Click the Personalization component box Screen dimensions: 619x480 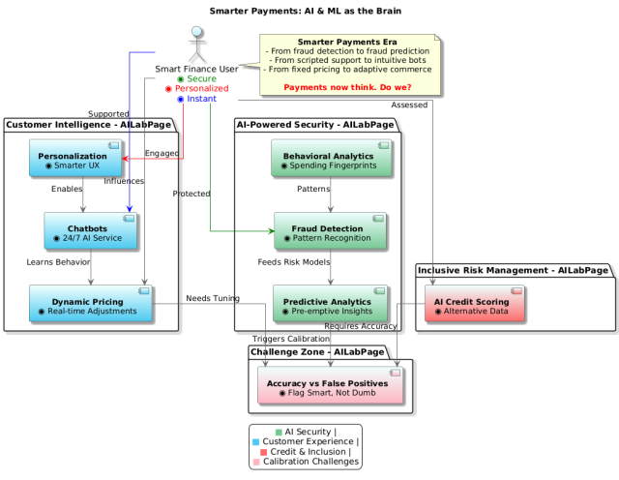pos(75,158)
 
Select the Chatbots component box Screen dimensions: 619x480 pos(90,230)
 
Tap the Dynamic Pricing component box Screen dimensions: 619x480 pos(90,304)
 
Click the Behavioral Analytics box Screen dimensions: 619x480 pos(331,158)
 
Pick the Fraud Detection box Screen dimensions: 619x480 pos(330,230)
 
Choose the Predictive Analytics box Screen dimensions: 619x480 pos(330,304)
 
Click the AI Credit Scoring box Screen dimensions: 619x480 pos(475,304)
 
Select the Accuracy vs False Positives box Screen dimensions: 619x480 pos(331,385)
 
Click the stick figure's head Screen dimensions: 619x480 pos(197,32)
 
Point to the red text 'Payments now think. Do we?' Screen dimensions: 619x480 pos(347,87)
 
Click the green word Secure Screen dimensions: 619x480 pos(201,78)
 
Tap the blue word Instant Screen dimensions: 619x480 pos(201,99)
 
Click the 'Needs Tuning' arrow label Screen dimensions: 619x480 pos(213,298)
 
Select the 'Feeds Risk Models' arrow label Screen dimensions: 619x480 pos(294,262)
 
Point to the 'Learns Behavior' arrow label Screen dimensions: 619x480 pos(58,262)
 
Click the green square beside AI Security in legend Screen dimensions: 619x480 pos(279,433)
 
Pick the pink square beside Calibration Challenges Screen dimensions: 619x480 pos(256,462)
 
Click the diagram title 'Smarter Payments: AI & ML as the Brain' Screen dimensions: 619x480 pos(306,11)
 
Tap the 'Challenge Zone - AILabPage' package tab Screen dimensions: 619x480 pos(317,352)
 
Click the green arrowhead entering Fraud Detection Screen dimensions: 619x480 pos(272,231)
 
